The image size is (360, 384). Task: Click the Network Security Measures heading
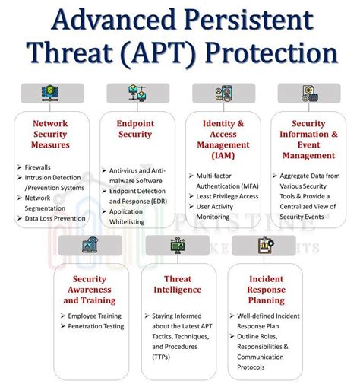point(51,133)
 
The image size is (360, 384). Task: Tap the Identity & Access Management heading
point(223,139)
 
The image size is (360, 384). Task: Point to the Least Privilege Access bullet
point(227,195)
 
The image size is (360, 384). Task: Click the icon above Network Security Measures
point(51,94)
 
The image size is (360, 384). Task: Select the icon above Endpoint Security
point(137,94)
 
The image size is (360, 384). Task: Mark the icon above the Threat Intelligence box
point(178,245)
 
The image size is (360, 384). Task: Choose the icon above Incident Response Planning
point(264,245)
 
